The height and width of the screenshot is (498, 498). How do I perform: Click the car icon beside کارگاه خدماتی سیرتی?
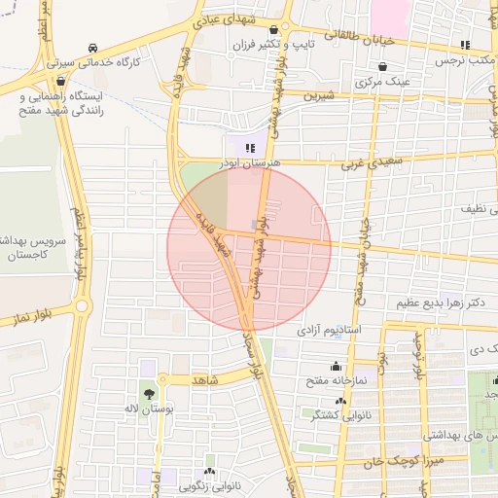coord(92,48)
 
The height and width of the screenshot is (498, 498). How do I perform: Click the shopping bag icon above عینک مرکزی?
coord(383,67)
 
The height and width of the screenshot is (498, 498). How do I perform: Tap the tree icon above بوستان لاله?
coord(148,395)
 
